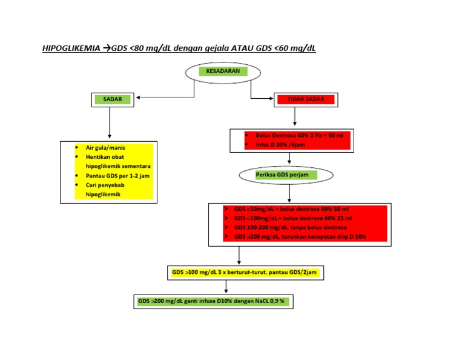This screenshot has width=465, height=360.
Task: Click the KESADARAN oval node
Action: click(223, 72)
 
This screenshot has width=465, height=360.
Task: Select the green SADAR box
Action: click(108, 98)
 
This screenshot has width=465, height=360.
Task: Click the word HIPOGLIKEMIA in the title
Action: click(71, 48)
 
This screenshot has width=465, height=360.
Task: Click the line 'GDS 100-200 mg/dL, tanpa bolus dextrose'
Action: click(290, 227)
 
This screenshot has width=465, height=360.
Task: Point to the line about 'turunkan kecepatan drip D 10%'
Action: click(299, 236)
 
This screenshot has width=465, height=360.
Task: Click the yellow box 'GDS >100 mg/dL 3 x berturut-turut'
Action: click(244, 273)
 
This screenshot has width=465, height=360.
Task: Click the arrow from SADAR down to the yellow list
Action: click(109, 124)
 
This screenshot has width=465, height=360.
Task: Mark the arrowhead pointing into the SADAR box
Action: click(140, 97)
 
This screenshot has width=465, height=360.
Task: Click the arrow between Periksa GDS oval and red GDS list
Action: click(290, 193)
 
